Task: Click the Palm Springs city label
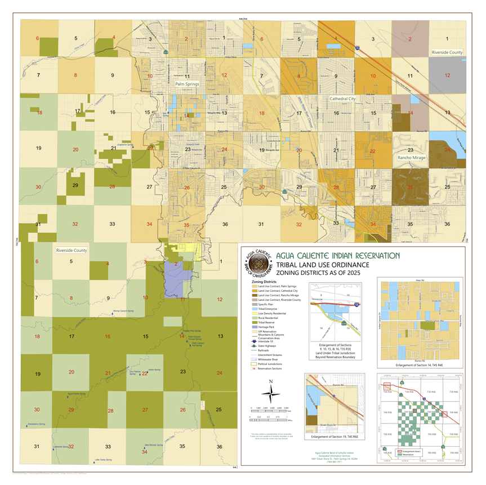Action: pyautogui.click(x=188, y=84)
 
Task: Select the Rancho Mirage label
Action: pyautogui.click(x=411, y=158)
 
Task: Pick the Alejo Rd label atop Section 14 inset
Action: pyautogui.click(x=419, y=279)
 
